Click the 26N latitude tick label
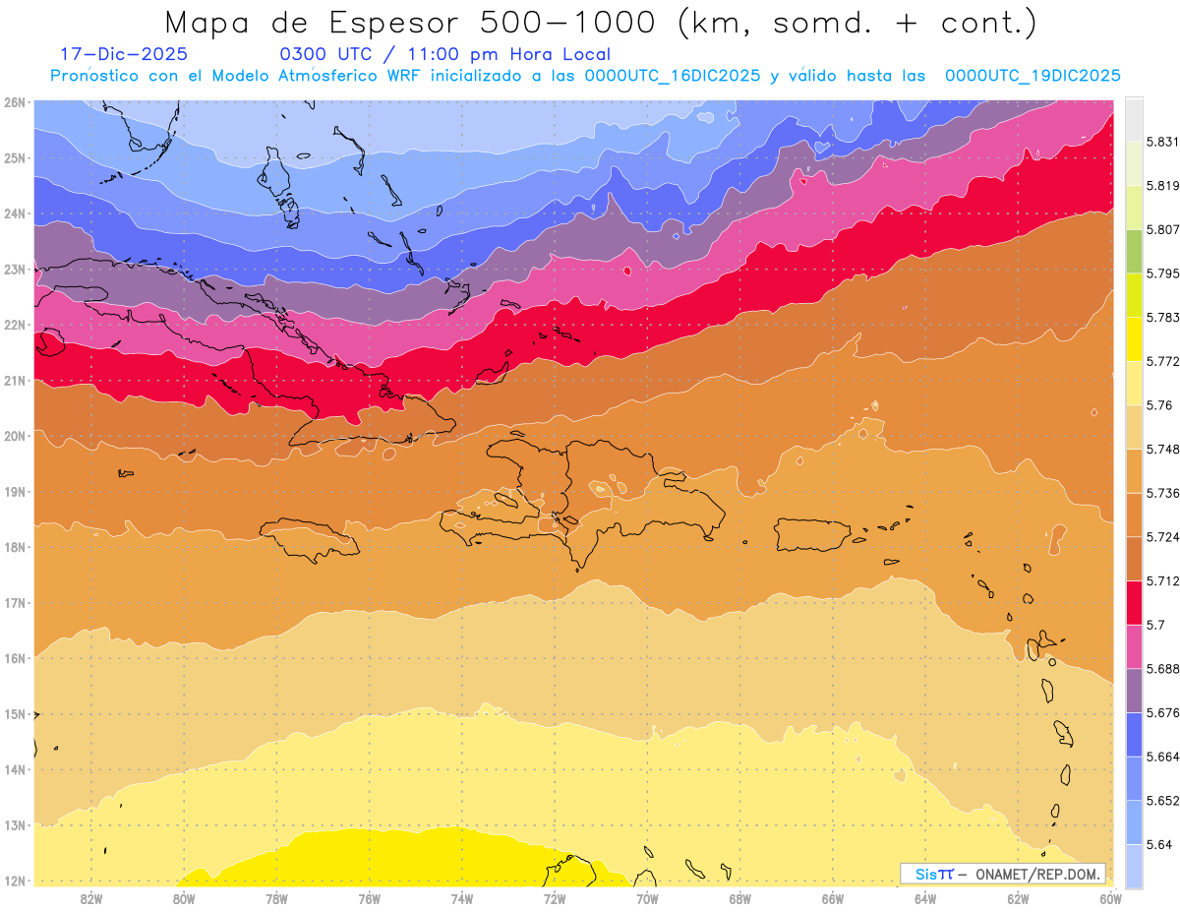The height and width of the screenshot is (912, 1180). click(x=15, y=102)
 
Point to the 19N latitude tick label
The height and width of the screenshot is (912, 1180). click(x=15, y=491)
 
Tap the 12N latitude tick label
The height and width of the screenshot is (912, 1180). click(x=15, y=881)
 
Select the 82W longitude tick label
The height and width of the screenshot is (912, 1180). click(x=91, y=898)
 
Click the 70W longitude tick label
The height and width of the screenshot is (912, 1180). click(x=647, y=898)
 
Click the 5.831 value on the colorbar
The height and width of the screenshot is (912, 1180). click(x=1148, y=143)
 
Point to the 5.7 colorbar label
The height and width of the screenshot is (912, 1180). click(x=1144, y=625)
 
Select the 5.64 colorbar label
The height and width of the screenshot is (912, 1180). click(x=1146, y=844)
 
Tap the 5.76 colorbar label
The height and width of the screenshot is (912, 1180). click(x=1145, y=405)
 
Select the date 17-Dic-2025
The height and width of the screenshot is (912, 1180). click(x=124, y=54)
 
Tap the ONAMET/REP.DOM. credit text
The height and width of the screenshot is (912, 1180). click(x=1038, y=874)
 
